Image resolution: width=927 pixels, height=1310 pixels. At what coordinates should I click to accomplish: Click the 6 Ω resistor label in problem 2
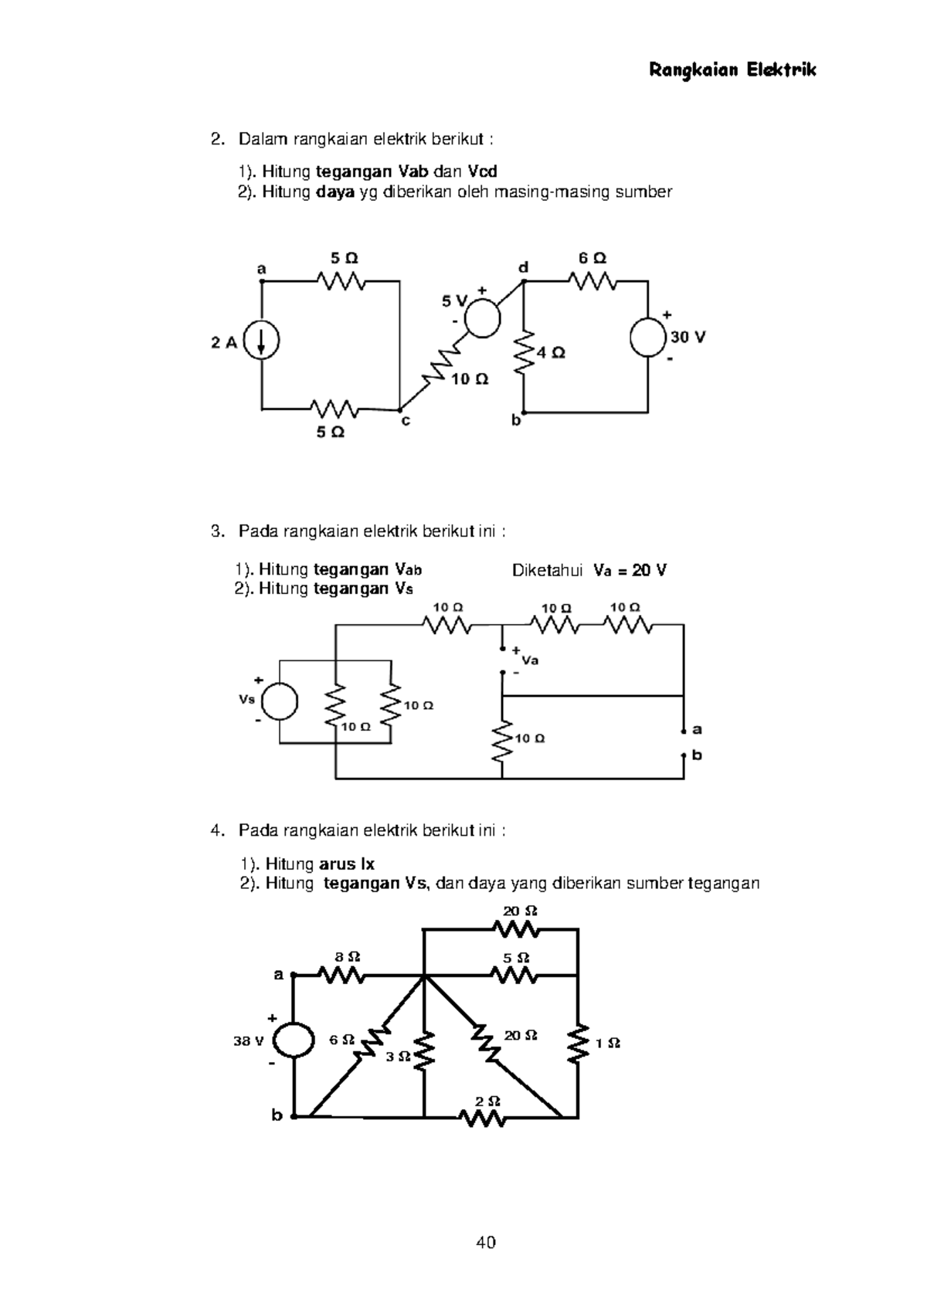point(593,259)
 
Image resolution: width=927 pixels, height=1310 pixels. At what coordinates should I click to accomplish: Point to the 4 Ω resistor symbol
point(525,352)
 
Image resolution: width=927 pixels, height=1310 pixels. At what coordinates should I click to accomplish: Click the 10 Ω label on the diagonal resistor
point(470,380)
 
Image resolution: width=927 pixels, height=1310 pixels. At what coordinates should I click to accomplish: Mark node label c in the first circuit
point(406,422)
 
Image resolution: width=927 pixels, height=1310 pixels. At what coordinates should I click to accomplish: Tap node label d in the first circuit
point(523,267)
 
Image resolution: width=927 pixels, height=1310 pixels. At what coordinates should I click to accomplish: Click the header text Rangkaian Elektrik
point(732,71)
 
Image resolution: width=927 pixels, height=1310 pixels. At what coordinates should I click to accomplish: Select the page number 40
point(486,1243)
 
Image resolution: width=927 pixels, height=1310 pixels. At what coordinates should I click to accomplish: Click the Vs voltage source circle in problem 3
point(280,701)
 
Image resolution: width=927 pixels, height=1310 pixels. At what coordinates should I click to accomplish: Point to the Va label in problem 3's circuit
point(530,660)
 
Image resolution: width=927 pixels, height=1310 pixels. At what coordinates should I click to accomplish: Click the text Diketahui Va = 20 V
point(589,571)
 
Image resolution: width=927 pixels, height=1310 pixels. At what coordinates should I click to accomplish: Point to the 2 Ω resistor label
point(489,1101)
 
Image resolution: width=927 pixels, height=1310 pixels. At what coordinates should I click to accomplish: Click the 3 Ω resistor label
point(398,1057)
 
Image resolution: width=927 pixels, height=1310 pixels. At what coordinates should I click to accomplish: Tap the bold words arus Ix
point(347,864)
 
